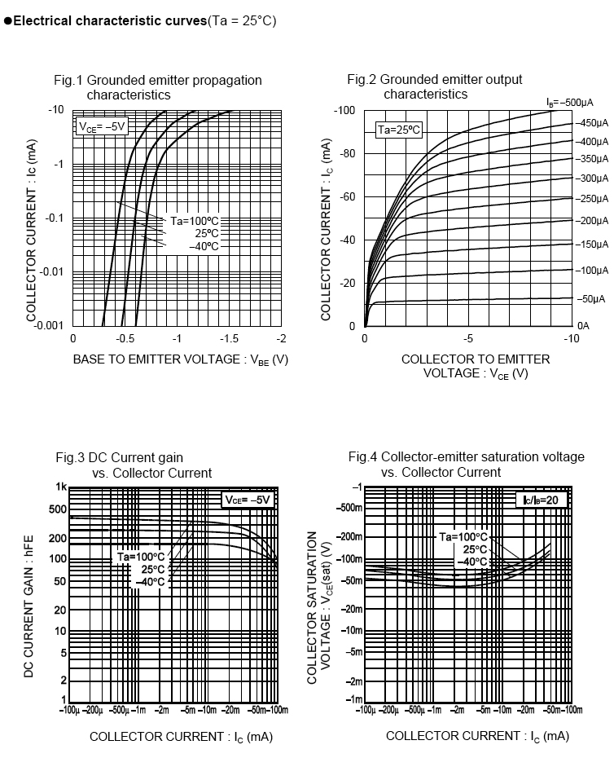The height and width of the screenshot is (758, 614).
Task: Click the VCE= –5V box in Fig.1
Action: coord(101,126)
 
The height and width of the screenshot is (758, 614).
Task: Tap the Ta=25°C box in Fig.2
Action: coord(398,130)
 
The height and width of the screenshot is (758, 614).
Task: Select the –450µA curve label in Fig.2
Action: coord(593,123)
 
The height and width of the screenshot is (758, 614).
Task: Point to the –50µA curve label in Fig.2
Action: coord(592,299)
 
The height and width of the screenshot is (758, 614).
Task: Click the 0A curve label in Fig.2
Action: coord(583,325)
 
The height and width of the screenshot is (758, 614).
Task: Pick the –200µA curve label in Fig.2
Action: coord(593,221)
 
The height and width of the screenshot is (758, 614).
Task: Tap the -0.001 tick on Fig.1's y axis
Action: coord(50,325)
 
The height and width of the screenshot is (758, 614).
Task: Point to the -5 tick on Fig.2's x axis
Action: coord(468,338)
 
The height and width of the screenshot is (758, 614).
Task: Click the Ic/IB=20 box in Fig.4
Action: coord(541,500)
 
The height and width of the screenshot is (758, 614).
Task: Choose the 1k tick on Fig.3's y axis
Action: coord(60,487)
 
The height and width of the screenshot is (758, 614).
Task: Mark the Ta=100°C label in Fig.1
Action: coord(194,221)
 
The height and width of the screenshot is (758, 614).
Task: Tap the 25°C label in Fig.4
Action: coord(475,549)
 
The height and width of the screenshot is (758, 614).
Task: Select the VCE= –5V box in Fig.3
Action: coord(248,500)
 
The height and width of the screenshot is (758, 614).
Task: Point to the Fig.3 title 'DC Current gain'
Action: coord(119,458)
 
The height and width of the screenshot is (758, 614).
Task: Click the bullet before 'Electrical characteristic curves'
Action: coord(7,20)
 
